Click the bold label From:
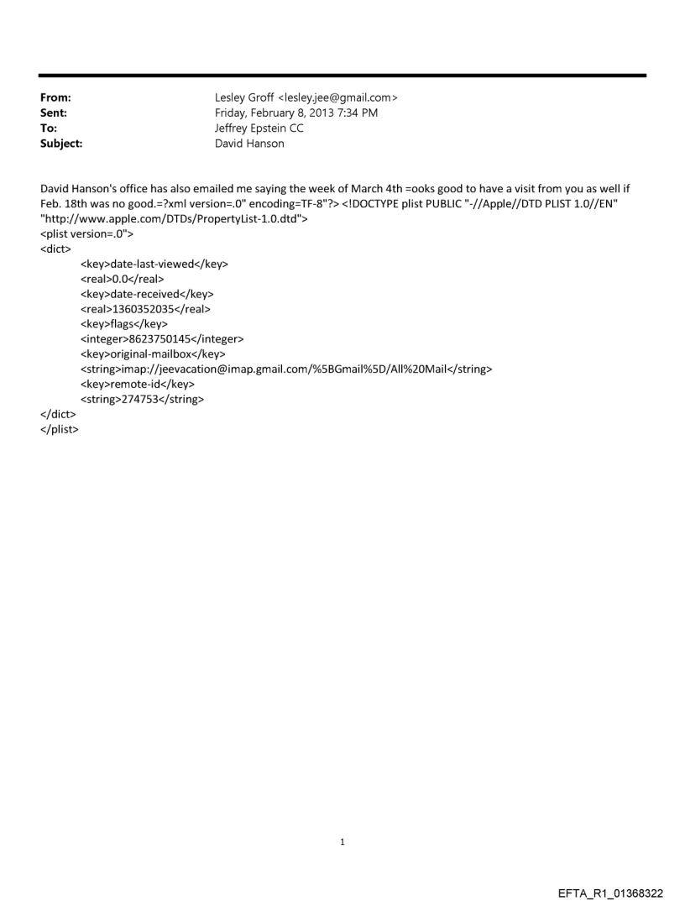coord(55,98)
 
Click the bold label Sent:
coord(54,113)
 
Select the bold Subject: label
coord(60,144)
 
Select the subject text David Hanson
coord(250,144)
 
